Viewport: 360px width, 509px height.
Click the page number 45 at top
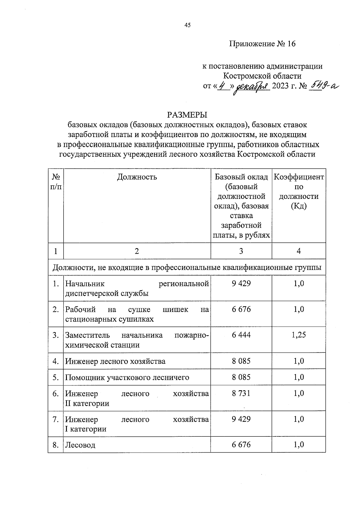point(187,25)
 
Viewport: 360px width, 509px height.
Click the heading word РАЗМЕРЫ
point(187,115)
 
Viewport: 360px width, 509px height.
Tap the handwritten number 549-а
point(325,86)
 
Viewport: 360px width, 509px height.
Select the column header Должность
point(137,177)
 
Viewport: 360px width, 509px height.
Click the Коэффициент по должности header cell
point(298,191)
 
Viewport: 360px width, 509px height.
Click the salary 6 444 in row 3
point(241,335)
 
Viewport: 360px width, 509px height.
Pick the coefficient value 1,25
point(298,335)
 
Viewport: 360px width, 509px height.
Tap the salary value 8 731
point(241,393)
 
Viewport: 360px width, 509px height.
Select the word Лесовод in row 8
point(80,445)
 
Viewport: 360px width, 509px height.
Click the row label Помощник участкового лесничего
point(127,377)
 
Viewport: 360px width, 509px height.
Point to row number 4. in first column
point(55,361)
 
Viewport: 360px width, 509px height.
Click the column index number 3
point(241,251)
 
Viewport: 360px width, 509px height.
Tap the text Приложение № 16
point(262,44)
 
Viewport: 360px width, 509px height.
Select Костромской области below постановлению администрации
point(262,76)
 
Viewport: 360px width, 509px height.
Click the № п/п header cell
point(56,182)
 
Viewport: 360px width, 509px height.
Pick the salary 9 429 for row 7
point(241,419)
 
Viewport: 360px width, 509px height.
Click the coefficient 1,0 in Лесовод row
point(298,445)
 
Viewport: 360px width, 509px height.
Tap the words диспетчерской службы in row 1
point(107,293)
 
